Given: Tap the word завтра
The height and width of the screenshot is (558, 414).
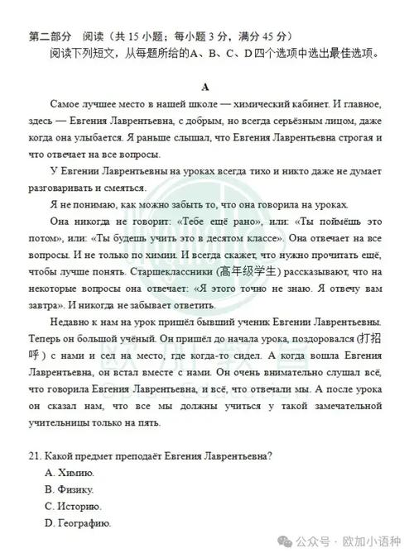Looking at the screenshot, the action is point(46,301).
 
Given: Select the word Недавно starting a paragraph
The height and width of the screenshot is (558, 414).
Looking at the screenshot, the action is point(69,322).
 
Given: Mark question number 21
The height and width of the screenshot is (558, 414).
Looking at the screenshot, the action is point(35,455).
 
